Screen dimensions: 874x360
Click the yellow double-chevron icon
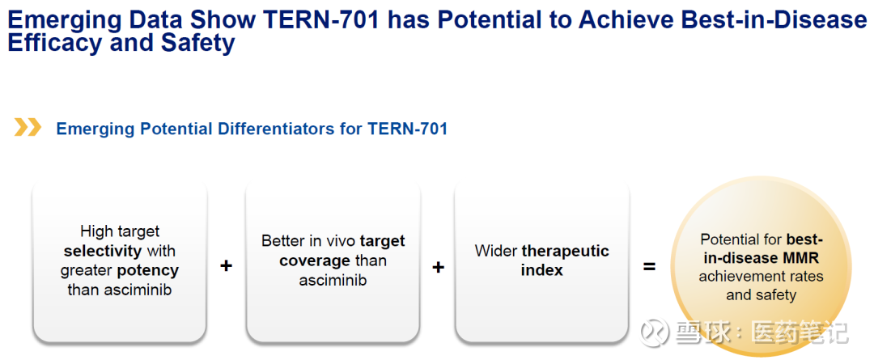coord(28,128)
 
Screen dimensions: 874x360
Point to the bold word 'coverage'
coord(315,260)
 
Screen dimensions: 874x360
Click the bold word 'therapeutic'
coord(565,251)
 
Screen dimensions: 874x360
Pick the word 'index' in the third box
coord(541,270)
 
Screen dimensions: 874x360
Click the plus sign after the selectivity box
coord(226,266)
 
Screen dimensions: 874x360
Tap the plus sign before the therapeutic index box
coord(439,268)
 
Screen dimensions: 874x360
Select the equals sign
coord(649,268)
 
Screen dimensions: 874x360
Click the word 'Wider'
coord(496,251)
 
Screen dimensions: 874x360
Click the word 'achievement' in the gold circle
coord(733,277)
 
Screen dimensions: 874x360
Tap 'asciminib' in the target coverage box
coord(333,280)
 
